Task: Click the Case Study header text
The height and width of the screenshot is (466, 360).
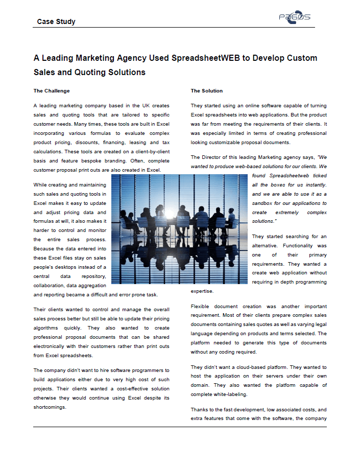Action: tap(56, 21)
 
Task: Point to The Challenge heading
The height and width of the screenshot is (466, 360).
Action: tap(52, 91)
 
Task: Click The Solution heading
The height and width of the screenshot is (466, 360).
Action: tap(207, 91)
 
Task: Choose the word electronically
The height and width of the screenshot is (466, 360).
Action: tap(54, 346)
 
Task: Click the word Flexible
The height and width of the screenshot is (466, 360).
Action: tap(201, 306)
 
